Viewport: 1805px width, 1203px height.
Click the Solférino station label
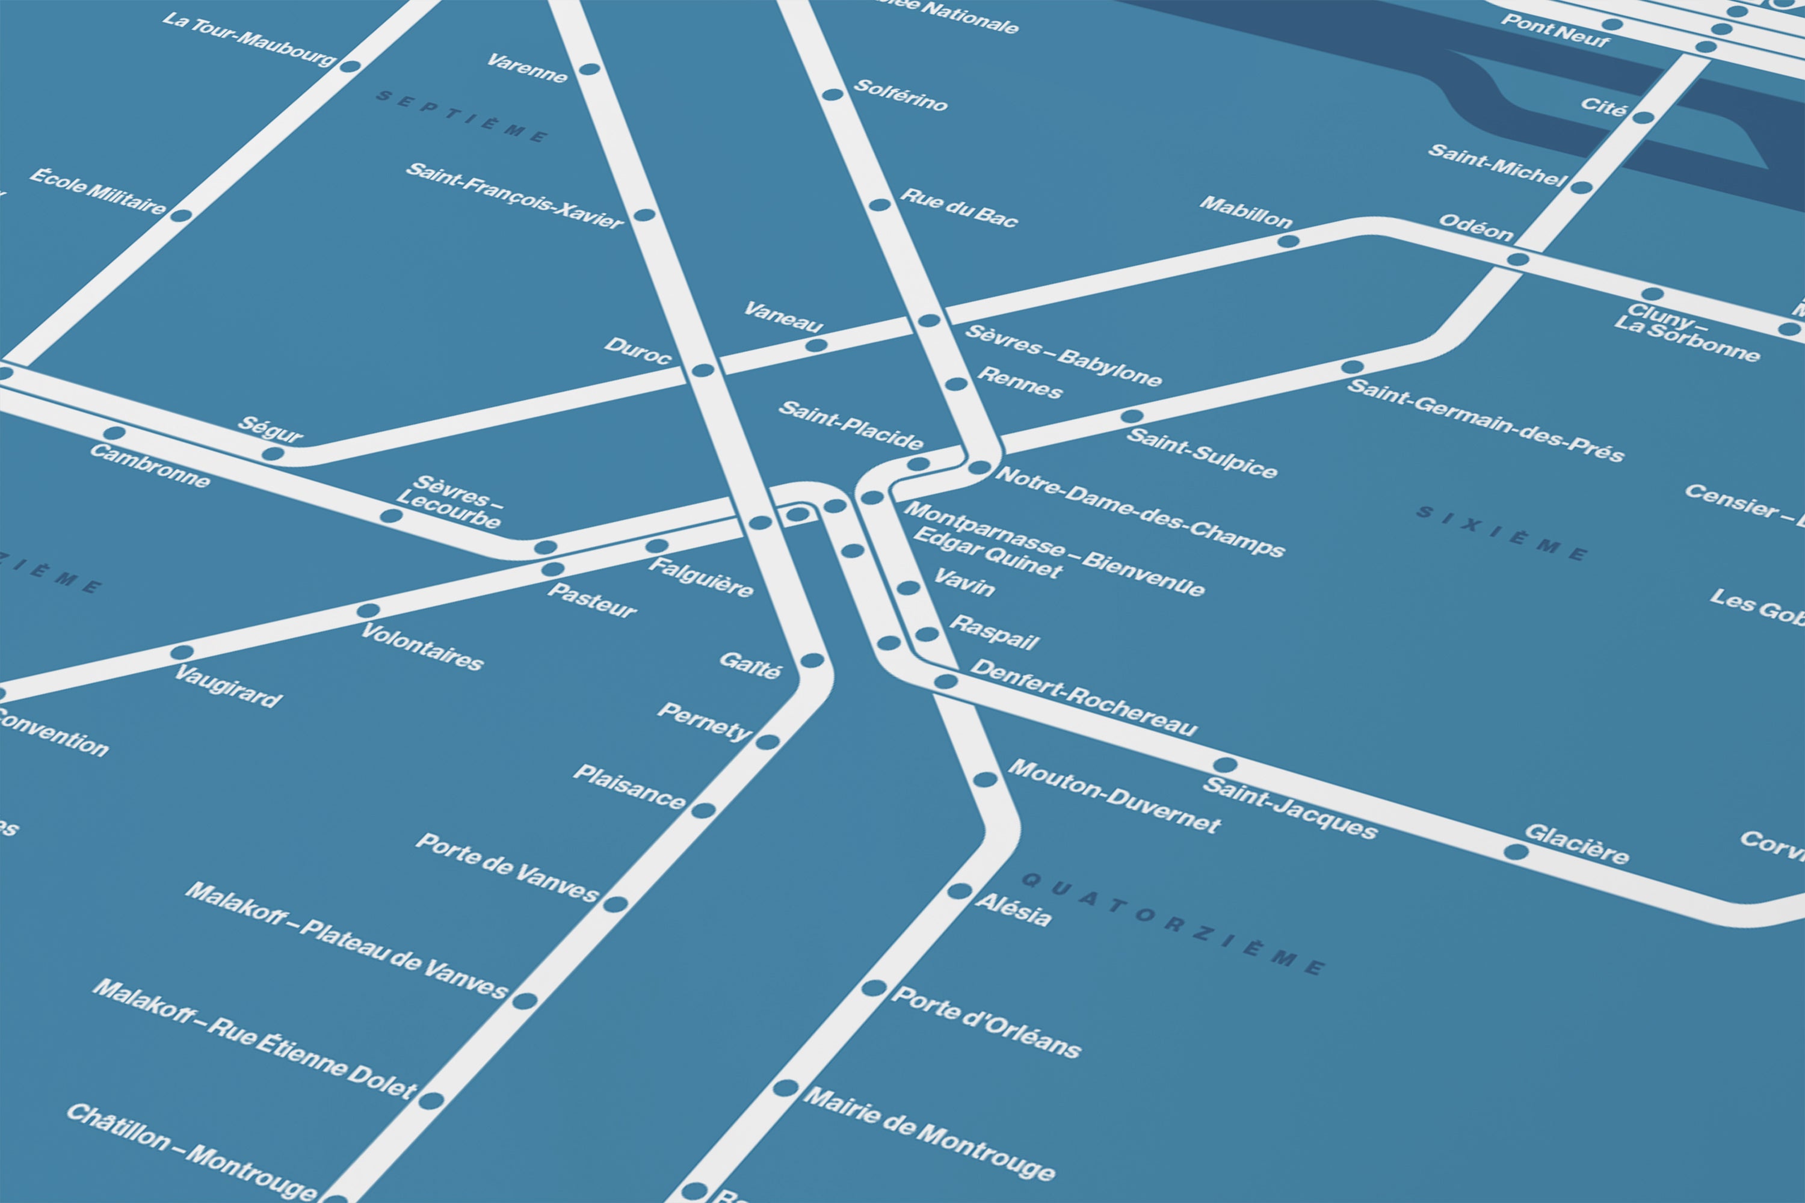click(900, 96)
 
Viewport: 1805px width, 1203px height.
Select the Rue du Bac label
click(958, 207)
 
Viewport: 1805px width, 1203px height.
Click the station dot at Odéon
click(1517, 259)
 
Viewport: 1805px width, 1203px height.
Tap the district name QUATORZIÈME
click(1172, 924)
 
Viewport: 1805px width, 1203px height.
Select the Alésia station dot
click(958, 891)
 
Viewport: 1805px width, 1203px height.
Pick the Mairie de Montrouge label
click(928, 1134)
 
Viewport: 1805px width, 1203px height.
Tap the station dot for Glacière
click(1515, 852)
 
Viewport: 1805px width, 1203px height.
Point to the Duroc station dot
click(703, 371)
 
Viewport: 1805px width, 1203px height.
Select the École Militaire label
click(97, 192)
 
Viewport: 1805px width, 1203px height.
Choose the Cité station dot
click(1643, 117)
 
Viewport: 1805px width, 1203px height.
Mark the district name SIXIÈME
click(1501, 533)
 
